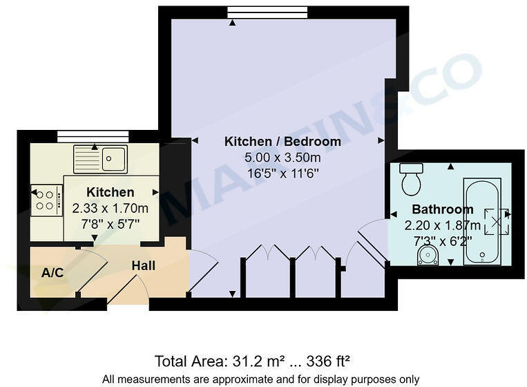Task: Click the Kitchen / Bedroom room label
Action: (282, 142)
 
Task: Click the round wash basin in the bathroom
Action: (429, 256)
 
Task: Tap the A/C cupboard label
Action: (52, 273)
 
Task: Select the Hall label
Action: (144, 265)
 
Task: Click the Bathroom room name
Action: (443, 209)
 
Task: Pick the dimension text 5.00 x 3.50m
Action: (282, 158)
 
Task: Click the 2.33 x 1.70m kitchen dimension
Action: (111, 208)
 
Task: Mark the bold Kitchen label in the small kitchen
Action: (111, 192)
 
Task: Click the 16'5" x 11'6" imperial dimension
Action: (282, 173)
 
